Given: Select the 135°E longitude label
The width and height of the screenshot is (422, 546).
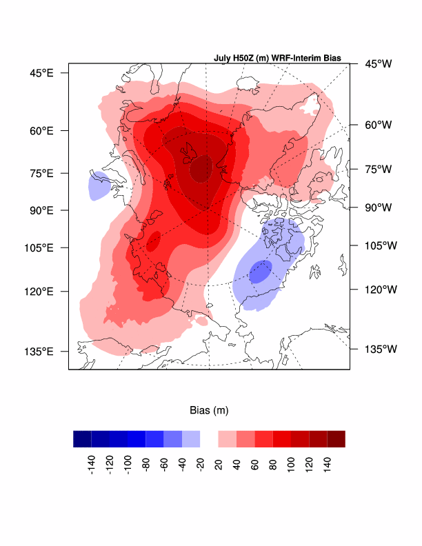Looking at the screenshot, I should (40, 352).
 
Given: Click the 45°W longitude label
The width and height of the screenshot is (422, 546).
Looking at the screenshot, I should (378, 64).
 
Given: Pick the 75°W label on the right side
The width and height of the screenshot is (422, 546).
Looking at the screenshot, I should (378, 169).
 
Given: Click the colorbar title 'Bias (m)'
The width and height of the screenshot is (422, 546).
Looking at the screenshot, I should (209, 411).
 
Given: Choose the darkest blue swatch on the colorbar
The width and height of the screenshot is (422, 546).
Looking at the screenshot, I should (82, 439).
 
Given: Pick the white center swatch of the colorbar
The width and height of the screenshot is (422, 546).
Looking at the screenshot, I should (209, 439).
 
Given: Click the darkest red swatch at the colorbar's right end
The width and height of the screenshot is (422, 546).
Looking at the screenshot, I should (336, 439).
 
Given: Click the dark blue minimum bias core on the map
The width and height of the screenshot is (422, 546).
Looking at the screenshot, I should (260, 272).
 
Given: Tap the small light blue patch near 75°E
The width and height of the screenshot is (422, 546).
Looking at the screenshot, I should (99, 185).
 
